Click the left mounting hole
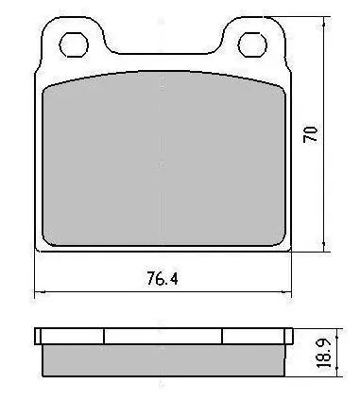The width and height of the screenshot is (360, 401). (74, 44)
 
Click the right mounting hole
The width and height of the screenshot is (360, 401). (252, 44)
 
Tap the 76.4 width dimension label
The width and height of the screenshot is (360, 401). (163, 278)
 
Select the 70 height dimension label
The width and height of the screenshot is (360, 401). (310, 134)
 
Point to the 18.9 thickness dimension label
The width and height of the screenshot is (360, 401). (324, 352)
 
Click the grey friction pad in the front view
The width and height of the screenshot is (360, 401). (163, 159)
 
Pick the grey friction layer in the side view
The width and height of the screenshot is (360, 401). (163, 360)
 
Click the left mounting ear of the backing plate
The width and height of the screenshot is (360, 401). (73, 41)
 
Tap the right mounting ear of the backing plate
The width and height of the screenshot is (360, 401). (253, 41)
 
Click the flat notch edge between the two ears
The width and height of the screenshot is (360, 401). (163, 54)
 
